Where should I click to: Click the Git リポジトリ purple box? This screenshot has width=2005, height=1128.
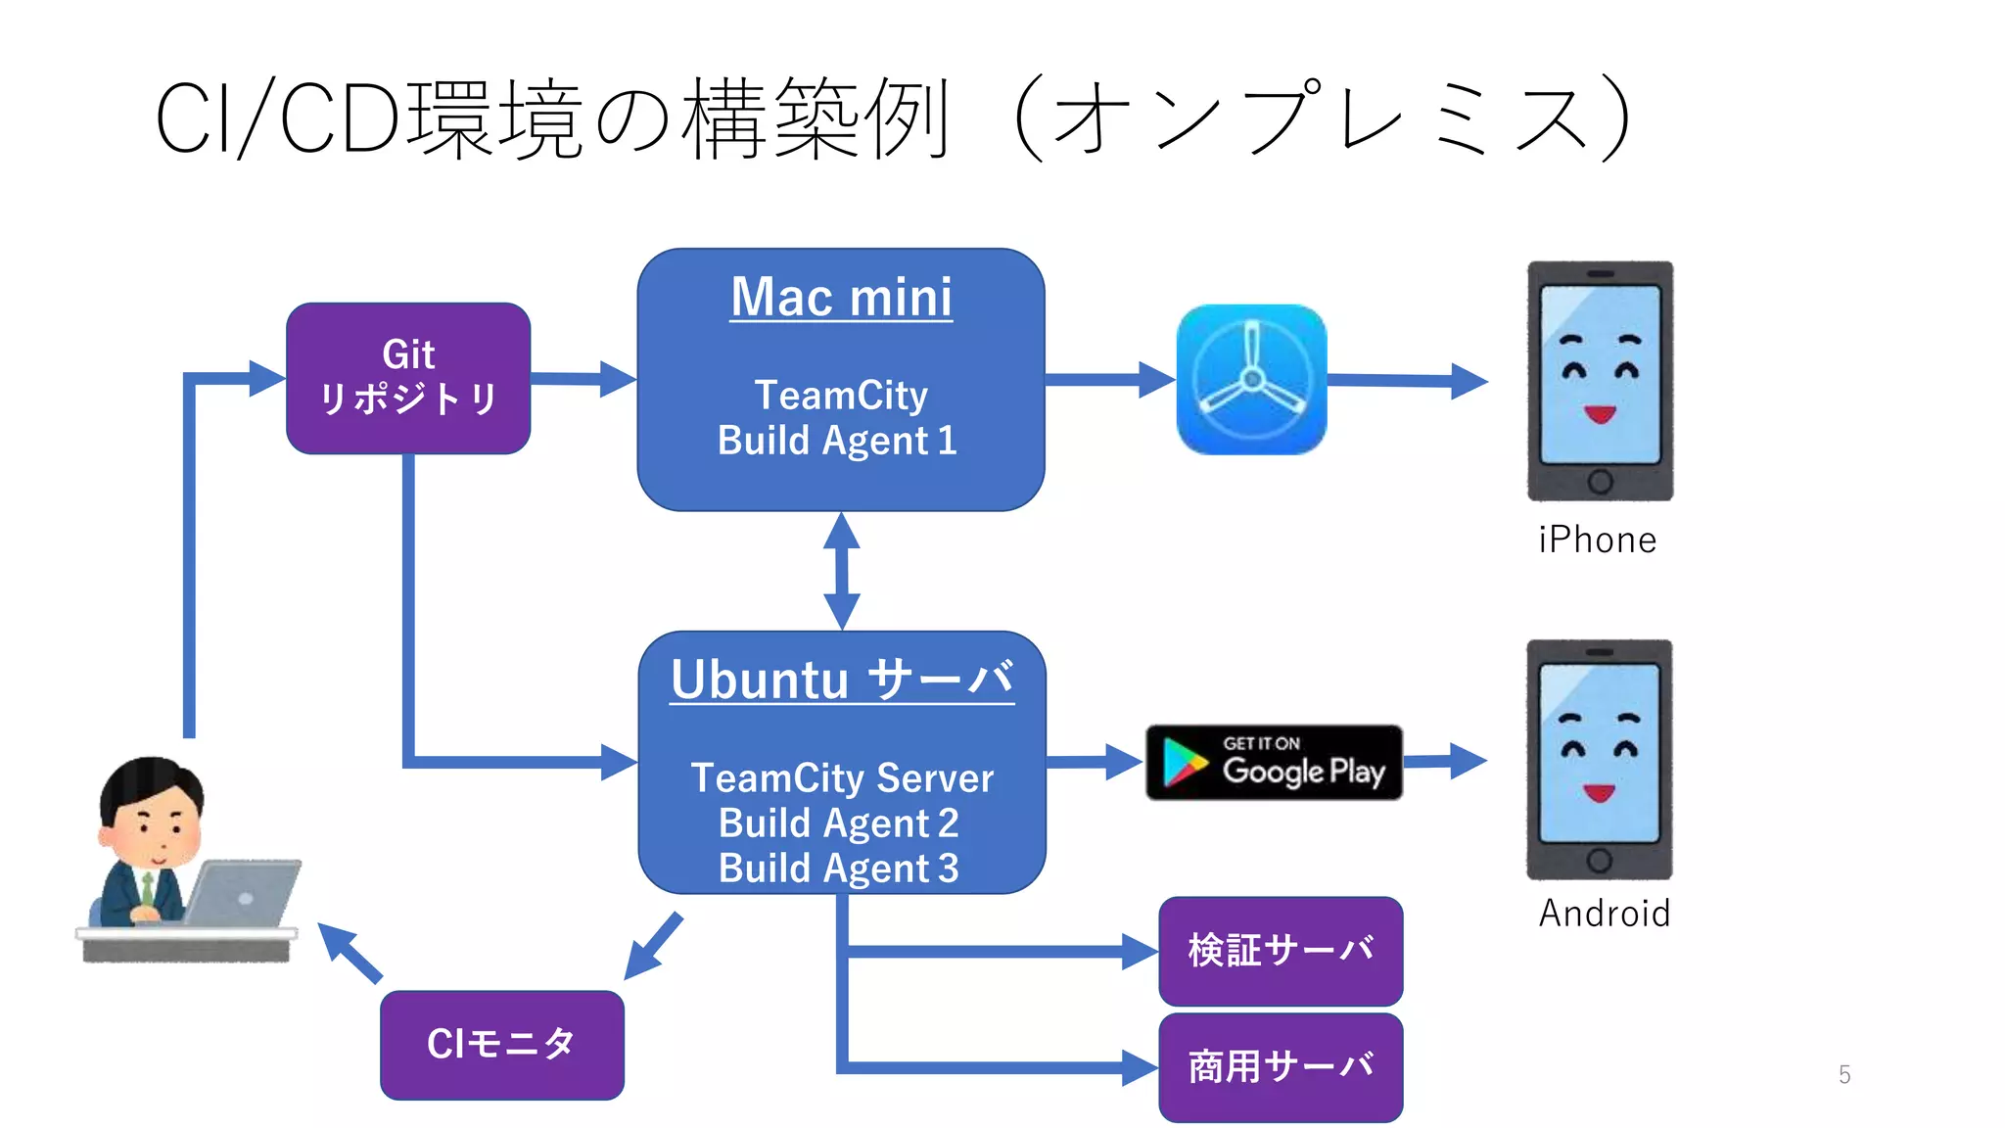click(408, 378)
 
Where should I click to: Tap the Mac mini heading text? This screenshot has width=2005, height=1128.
click(841, 297)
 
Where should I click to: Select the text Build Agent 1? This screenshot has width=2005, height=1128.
click(837, 441)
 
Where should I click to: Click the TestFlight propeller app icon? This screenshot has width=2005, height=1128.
click(1251, 380)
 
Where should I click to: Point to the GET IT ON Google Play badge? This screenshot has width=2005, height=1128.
click(1274, 763)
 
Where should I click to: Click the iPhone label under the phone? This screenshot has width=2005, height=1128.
click(1597, 540)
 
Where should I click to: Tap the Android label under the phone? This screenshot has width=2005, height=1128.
click(1604, 914)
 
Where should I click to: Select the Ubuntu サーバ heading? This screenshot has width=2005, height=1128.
click(842, 680)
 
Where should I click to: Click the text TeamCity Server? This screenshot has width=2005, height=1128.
click(842, 778)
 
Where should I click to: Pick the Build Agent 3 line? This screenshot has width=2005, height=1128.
click(838, 869)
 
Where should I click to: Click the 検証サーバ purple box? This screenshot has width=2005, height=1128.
click(1281, 951)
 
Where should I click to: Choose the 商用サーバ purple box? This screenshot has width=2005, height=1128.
click(1281, 1067)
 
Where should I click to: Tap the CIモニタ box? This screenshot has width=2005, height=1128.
click(501, 1045)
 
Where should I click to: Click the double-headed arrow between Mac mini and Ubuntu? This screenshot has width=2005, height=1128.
click(842, 571)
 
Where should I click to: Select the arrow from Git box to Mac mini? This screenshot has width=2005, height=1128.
click(583, 379)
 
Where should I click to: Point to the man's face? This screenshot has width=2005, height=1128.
click(157, 827)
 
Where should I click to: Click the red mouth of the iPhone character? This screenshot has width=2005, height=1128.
click(1600, 414)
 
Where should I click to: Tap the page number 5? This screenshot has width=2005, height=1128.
click(1844, 1075)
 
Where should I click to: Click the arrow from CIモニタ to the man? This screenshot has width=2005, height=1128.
click(350, 952)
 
